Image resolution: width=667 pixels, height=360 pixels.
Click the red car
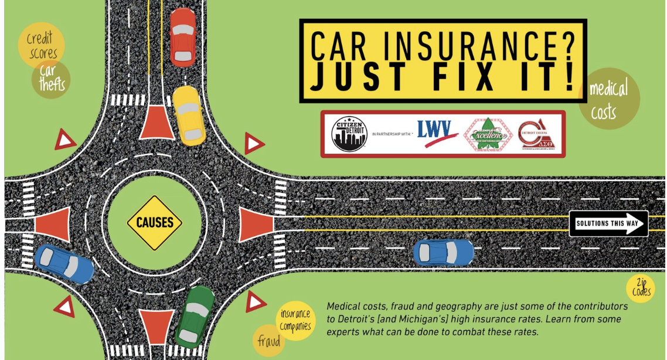(182, 37)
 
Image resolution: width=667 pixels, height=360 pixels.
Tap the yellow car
(189, 116)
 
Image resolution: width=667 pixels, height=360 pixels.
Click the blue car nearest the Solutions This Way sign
(443, 252)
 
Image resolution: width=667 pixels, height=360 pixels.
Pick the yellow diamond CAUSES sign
(155, 223)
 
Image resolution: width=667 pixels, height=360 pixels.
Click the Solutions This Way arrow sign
(608, 223)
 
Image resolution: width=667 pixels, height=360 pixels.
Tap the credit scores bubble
(41, 45)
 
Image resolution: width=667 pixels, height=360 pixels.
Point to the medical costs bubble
(608, 99)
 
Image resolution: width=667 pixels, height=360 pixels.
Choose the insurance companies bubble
(295, 320)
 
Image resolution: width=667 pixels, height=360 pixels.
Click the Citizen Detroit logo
(349, 133)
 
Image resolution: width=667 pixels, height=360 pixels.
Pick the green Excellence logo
(484, 134)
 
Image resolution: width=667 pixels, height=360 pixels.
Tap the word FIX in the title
(454, 77)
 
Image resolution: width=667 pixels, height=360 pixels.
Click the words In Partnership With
(392, 134)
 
